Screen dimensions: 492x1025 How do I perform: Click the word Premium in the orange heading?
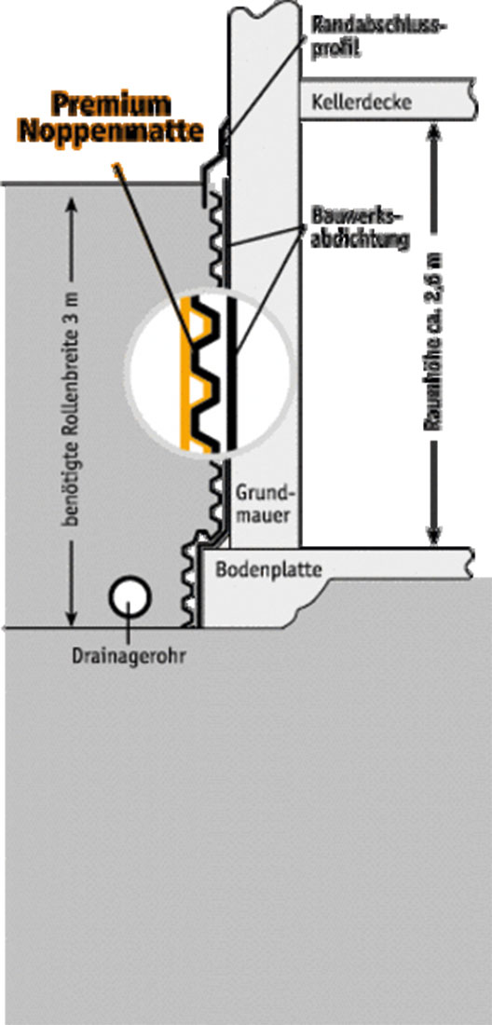(x=111, y=104)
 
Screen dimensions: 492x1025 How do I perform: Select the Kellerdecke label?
(x=362, y=102)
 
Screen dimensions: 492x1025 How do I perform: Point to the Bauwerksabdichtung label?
(x=360, y=229)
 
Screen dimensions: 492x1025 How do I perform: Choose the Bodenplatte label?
(x=268, y=569)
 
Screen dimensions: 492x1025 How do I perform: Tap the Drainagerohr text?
(x=128, y=655)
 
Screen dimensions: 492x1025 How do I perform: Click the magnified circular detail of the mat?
(x=208, y=371)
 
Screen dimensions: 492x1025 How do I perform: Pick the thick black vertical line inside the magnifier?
(x=231, y=375)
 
